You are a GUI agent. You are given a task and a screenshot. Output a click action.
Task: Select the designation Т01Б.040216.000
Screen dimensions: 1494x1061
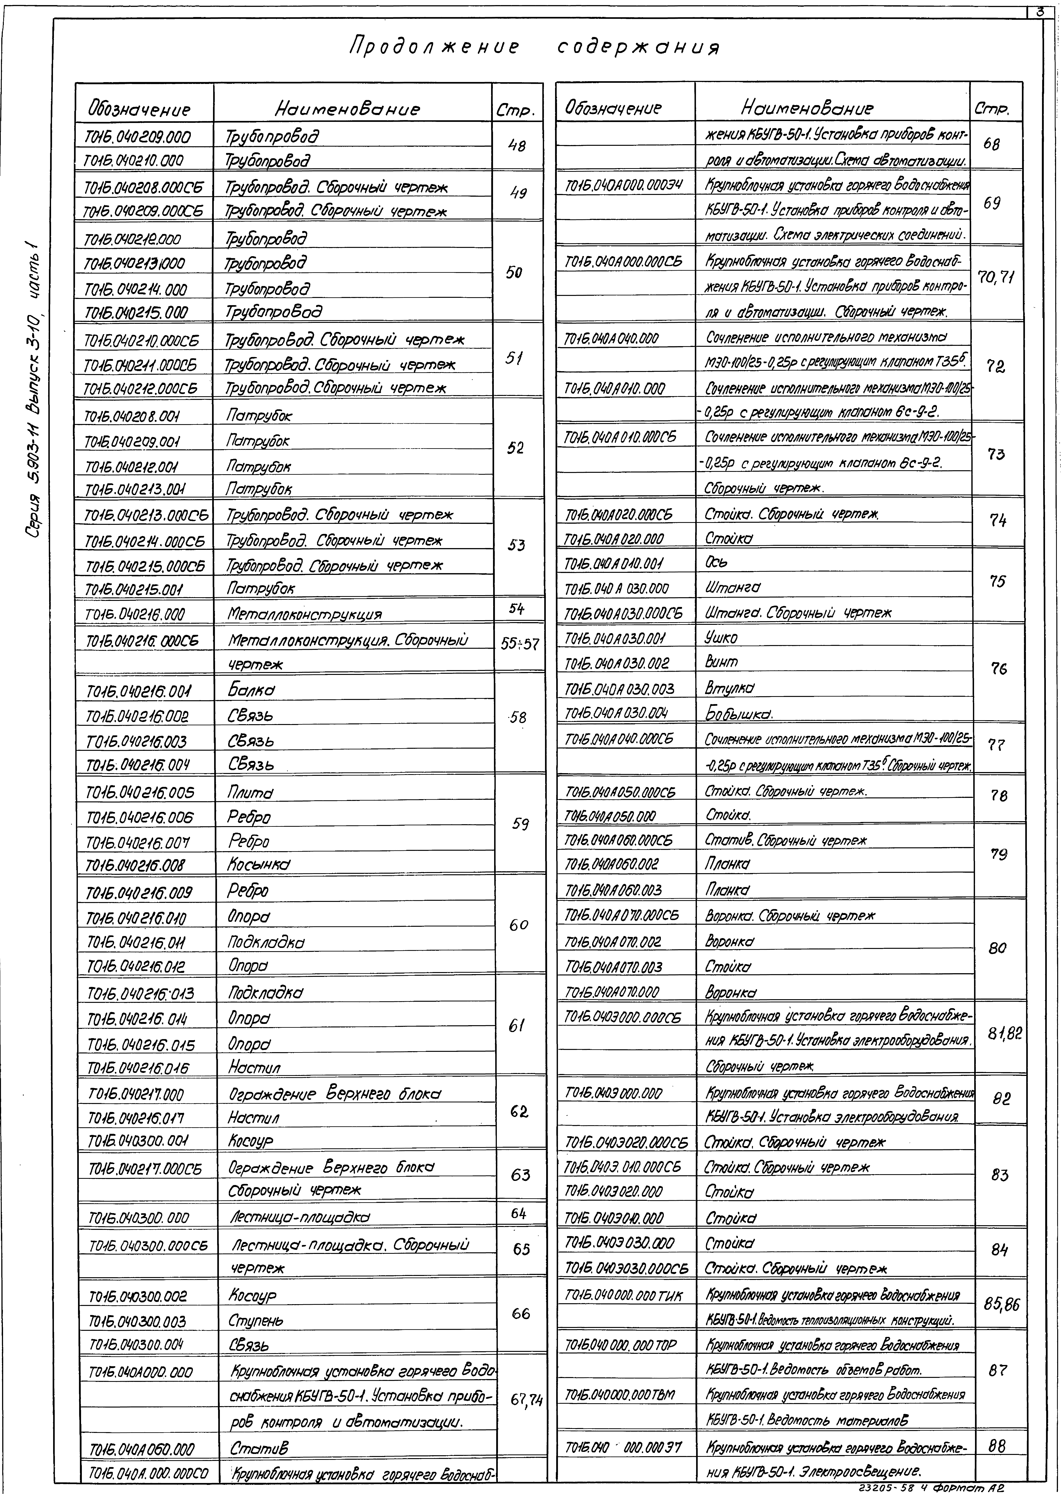135,614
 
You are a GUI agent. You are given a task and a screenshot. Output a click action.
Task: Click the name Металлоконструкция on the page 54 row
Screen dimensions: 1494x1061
304,614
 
